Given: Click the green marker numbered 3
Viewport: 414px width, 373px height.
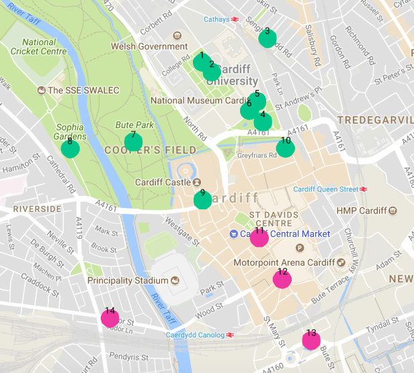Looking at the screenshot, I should (267, 39).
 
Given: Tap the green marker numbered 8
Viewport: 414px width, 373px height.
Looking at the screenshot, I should (70, 148).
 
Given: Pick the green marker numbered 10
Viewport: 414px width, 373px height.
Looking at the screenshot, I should (286, 148).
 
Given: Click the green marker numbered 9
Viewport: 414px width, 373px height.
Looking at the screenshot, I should (202, 200).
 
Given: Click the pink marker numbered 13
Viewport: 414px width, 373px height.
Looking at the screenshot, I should (311, 340).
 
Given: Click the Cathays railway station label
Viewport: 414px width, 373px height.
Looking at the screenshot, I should (216, 19).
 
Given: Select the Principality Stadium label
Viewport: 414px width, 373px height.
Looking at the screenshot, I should (128, 280).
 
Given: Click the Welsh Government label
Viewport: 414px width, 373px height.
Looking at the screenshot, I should (149, 46).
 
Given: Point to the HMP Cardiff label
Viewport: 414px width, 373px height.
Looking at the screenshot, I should (363, 211).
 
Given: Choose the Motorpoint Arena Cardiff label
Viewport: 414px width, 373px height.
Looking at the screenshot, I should (284, 262).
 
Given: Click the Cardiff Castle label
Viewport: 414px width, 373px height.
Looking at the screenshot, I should (163, 182).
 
